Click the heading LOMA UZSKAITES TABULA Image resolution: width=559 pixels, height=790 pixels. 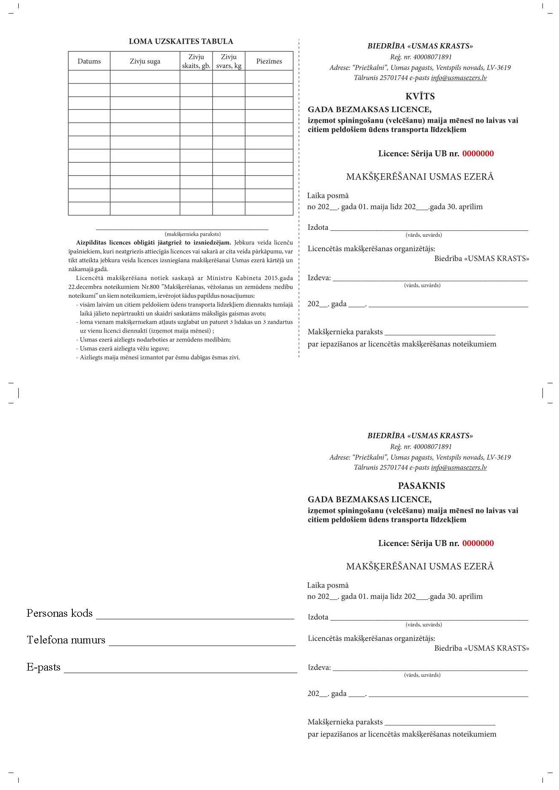(181, 42)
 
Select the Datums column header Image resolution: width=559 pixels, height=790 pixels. (89, 61)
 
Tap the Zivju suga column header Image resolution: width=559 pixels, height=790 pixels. (145, 61)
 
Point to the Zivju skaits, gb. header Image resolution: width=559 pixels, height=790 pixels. (196, 61)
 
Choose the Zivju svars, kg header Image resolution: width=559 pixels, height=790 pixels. (229, 61)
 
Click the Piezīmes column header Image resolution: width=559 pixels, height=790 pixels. (269, 61)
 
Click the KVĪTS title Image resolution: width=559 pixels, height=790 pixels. (420, 96)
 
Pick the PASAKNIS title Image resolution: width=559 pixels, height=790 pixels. (421, 486)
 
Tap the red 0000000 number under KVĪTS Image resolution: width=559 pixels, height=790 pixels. (478, 154)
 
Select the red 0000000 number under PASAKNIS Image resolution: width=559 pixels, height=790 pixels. (478, 543)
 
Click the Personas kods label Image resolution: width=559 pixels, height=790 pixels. (59, 613)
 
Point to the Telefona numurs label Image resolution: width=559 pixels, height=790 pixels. (66, 640)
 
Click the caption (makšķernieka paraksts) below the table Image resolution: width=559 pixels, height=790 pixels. (193, 234)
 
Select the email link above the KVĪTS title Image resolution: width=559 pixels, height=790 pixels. (459, 78)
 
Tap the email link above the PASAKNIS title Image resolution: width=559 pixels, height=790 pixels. (459, 468)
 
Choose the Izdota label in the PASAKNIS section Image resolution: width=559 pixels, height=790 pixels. (318, 617)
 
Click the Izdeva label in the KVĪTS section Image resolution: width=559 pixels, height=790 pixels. (319, 278)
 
